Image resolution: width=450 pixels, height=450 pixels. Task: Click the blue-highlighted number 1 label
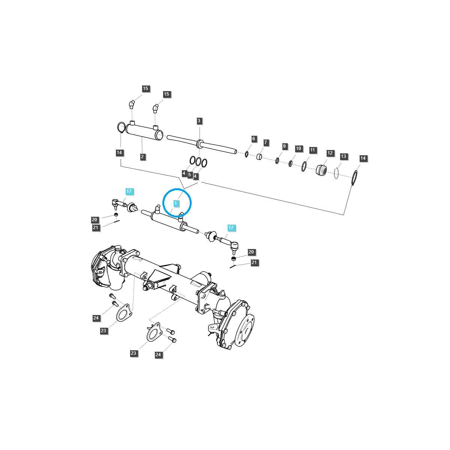[175, 203]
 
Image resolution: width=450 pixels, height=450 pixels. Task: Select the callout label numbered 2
[142, 157]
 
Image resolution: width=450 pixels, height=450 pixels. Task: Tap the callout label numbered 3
[199, 121]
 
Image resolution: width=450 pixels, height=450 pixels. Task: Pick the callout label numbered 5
[190, 175]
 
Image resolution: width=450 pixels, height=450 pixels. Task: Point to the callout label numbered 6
[253, 139]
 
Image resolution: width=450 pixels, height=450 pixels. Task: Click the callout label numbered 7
[266, 142]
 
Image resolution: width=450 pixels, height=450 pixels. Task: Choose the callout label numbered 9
[284, 146]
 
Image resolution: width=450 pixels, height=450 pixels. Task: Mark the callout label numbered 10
[298, 148]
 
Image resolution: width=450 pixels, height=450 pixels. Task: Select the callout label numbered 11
[313, 150]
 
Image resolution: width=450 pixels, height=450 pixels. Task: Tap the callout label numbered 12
[330, 153]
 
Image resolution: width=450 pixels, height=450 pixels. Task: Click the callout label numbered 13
[343, 156]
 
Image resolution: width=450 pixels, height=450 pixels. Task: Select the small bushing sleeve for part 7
[259, 156]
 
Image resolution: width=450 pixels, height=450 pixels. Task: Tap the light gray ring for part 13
[336, 173]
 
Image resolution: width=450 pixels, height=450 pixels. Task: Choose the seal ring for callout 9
[277, 160]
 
